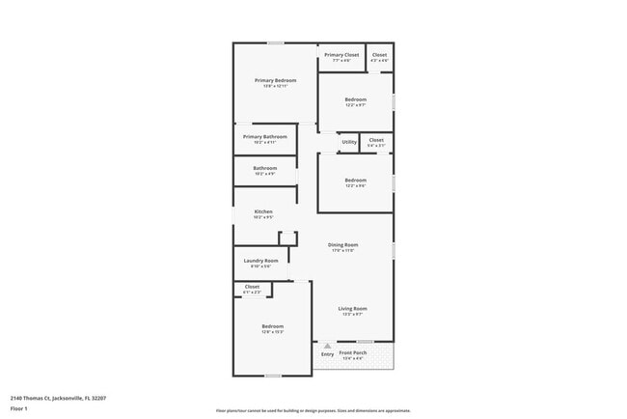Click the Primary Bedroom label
point(275,80)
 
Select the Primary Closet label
point(341,55)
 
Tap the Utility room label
point(349,142)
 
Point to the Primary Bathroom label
point(264,137)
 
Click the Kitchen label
point(263,211)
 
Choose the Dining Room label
point(343,245)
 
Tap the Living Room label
point(351,309)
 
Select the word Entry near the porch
point(327,354)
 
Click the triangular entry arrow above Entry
point(327,345)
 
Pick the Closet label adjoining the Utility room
point(376,140)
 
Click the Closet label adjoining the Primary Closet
point(379,55)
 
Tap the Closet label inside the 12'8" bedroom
point(252,287)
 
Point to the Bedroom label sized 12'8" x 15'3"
point(273,326)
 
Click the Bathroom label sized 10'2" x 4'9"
point(265,168)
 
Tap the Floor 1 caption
point(19,409)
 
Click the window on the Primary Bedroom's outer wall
point(275,42)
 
